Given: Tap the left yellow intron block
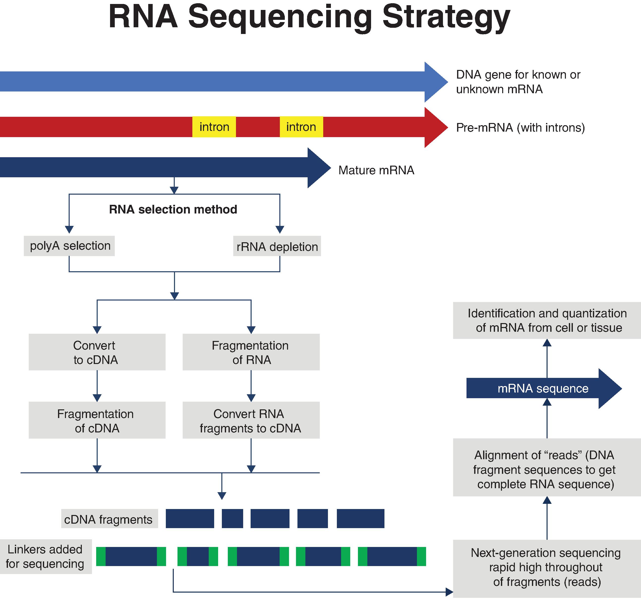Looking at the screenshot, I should [x=214, y=127].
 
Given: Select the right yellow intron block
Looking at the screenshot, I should [x=301, y=127].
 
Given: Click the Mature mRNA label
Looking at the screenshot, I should [x=376, y=170].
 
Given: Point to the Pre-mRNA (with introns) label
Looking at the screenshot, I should [x=520, y=128].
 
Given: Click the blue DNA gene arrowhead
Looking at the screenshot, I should [x=435, y=82].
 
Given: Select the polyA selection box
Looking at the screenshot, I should [x=69, y=246].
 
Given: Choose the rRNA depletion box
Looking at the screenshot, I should [x=277, y=247].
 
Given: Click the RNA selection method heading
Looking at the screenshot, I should [x=173, y=210].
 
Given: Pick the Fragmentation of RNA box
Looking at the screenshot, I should [x=251, y=352].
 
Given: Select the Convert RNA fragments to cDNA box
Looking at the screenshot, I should [x=251, y=420].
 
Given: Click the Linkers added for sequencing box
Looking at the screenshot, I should [x=45, y=557].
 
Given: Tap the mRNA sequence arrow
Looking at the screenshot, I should [x=543, y=389].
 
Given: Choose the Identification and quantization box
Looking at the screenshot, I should [x=547, y=321].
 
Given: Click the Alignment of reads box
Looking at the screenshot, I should [x=547, y=470].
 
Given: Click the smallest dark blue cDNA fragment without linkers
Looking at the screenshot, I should [x=232, y=518].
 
